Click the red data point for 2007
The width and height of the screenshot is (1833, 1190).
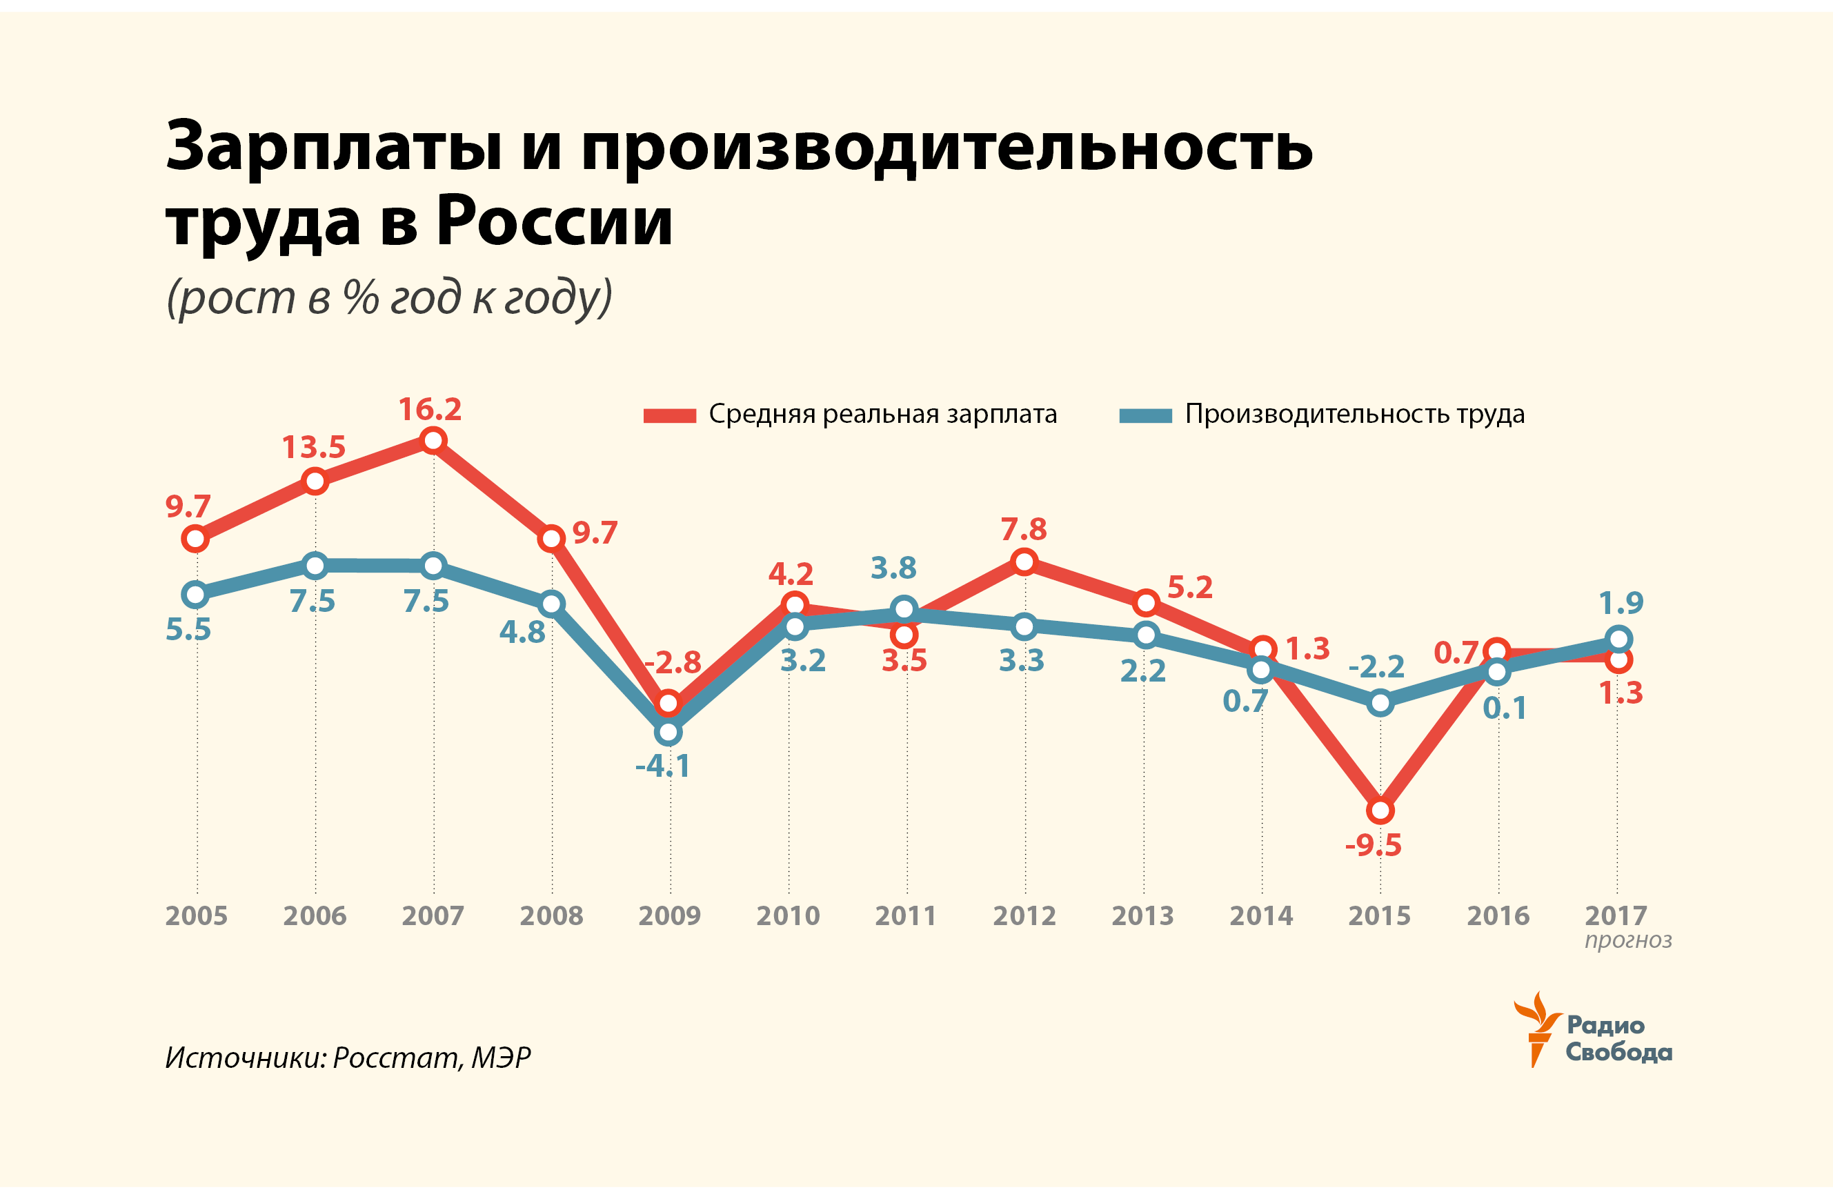[434, 440]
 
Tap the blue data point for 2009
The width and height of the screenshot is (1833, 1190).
[668, 732]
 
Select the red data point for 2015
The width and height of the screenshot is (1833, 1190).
[1380, 811]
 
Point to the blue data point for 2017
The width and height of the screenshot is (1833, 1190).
[1619, 639]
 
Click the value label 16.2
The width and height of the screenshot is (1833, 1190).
[430, 410]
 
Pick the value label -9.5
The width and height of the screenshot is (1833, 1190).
[1374, 846]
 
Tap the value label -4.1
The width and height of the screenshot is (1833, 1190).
[663, 766]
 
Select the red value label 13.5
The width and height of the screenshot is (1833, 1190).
[313, 448]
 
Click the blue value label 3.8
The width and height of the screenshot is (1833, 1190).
[893, 568]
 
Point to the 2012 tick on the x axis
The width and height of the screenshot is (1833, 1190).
[1024, 916]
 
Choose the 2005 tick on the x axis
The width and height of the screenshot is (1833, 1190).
[197, 916]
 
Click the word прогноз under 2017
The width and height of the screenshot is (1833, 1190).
[1628, 940]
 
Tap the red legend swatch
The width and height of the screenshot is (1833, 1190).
[669, 416]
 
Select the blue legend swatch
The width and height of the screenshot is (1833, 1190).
[1145, 416]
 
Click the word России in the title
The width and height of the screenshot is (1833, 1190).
[555, 222]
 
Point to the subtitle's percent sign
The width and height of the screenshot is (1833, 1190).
[360, 297]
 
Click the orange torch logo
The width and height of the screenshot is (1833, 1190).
[1537, 1029]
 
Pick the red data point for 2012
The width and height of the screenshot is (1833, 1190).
[1024, 562]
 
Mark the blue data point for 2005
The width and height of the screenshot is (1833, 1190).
[196, 594]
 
